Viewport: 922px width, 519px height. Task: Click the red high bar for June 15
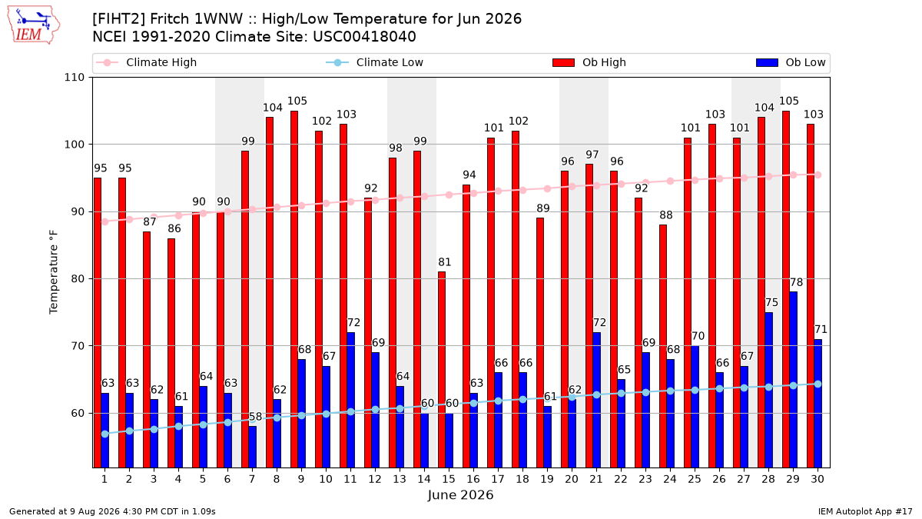tap(442, 370)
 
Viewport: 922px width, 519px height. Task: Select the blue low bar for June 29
tap(793, 380)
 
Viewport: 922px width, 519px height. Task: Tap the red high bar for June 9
tap(294, 289)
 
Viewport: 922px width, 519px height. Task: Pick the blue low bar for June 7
tap(252, 447)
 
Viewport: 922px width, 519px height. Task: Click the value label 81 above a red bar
tap(445, 262)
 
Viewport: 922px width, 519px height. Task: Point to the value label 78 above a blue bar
tap(797, 282)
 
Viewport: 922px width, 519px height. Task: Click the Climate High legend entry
tap(147, 62)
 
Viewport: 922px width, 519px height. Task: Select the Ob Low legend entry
tap(791, 62)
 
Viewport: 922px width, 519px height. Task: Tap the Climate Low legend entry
tap(375, 62)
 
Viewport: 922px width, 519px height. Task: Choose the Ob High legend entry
tap(589, 62)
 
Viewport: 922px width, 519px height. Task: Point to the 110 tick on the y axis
tap(74, 78)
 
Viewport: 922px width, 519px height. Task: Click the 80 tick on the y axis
tap(78, 279)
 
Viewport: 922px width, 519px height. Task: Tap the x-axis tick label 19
tap(546, 479)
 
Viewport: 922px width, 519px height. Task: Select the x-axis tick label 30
tap(818, 479)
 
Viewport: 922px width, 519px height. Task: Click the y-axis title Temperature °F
tap(54, 272)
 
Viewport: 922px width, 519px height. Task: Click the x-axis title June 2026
tap(460, 494)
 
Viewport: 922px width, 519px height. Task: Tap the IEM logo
tap(33, 25)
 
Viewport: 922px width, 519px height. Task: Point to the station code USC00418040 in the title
tap(364, 37)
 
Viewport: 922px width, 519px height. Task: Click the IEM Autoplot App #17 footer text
tap(865, 511)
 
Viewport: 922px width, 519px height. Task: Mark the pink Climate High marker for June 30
tap(818, 175)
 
